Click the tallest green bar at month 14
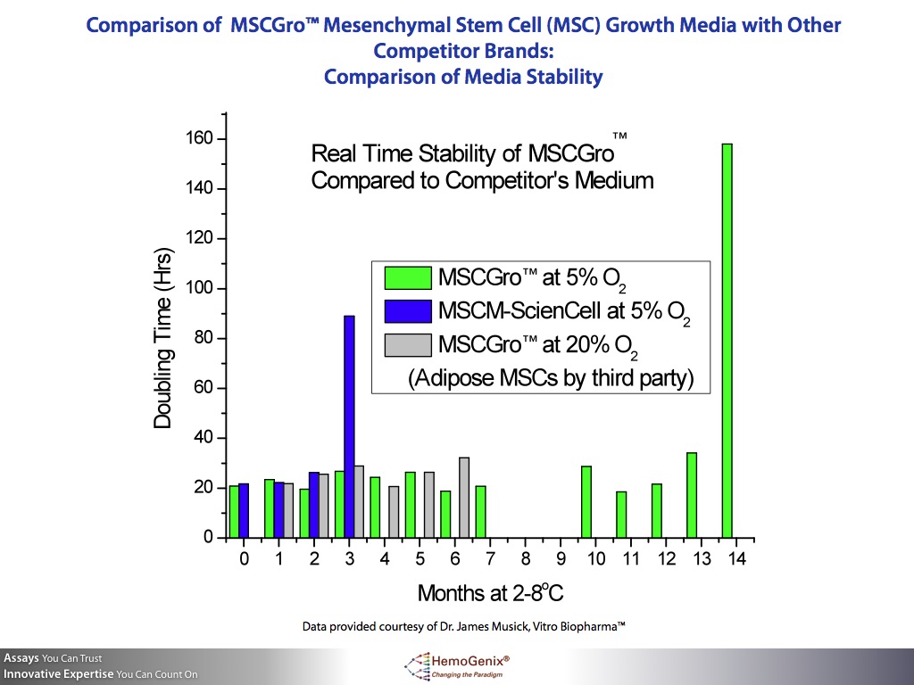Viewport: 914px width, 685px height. click(x=727, y=340)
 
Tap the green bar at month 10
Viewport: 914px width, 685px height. click(x=586, y=501)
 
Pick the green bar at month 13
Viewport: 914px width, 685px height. click(x=692, y=495)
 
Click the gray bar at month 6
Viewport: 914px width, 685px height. click(x=463, y=497)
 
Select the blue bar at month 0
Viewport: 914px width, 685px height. click(x=244, y=510)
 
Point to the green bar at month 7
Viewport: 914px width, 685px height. click(x=480, y=511)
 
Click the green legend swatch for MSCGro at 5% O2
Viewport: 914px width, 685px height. click(x=406, y=277)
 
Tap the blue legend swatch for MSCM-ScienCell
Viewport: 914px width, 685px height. click(x=406, y=310)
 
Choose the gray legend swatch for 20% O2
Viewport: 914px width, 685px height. click(x=406, y=344)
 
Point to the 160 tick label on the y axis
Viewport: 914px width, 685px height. click(x=199, y=138)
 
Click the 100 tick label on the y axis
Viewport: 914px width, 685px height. click(x=199, y=288)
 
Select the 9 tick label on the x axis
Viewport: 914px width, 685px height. click(x=561, y=559)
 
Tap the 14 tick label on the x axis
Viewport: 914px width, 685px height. click(x=736, y=559)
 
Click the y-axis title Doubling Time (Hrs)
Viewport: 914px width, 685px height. click(x=162, y=338)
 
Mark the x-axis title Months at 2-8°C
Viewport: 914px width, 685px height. click(x=490, y=593)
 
